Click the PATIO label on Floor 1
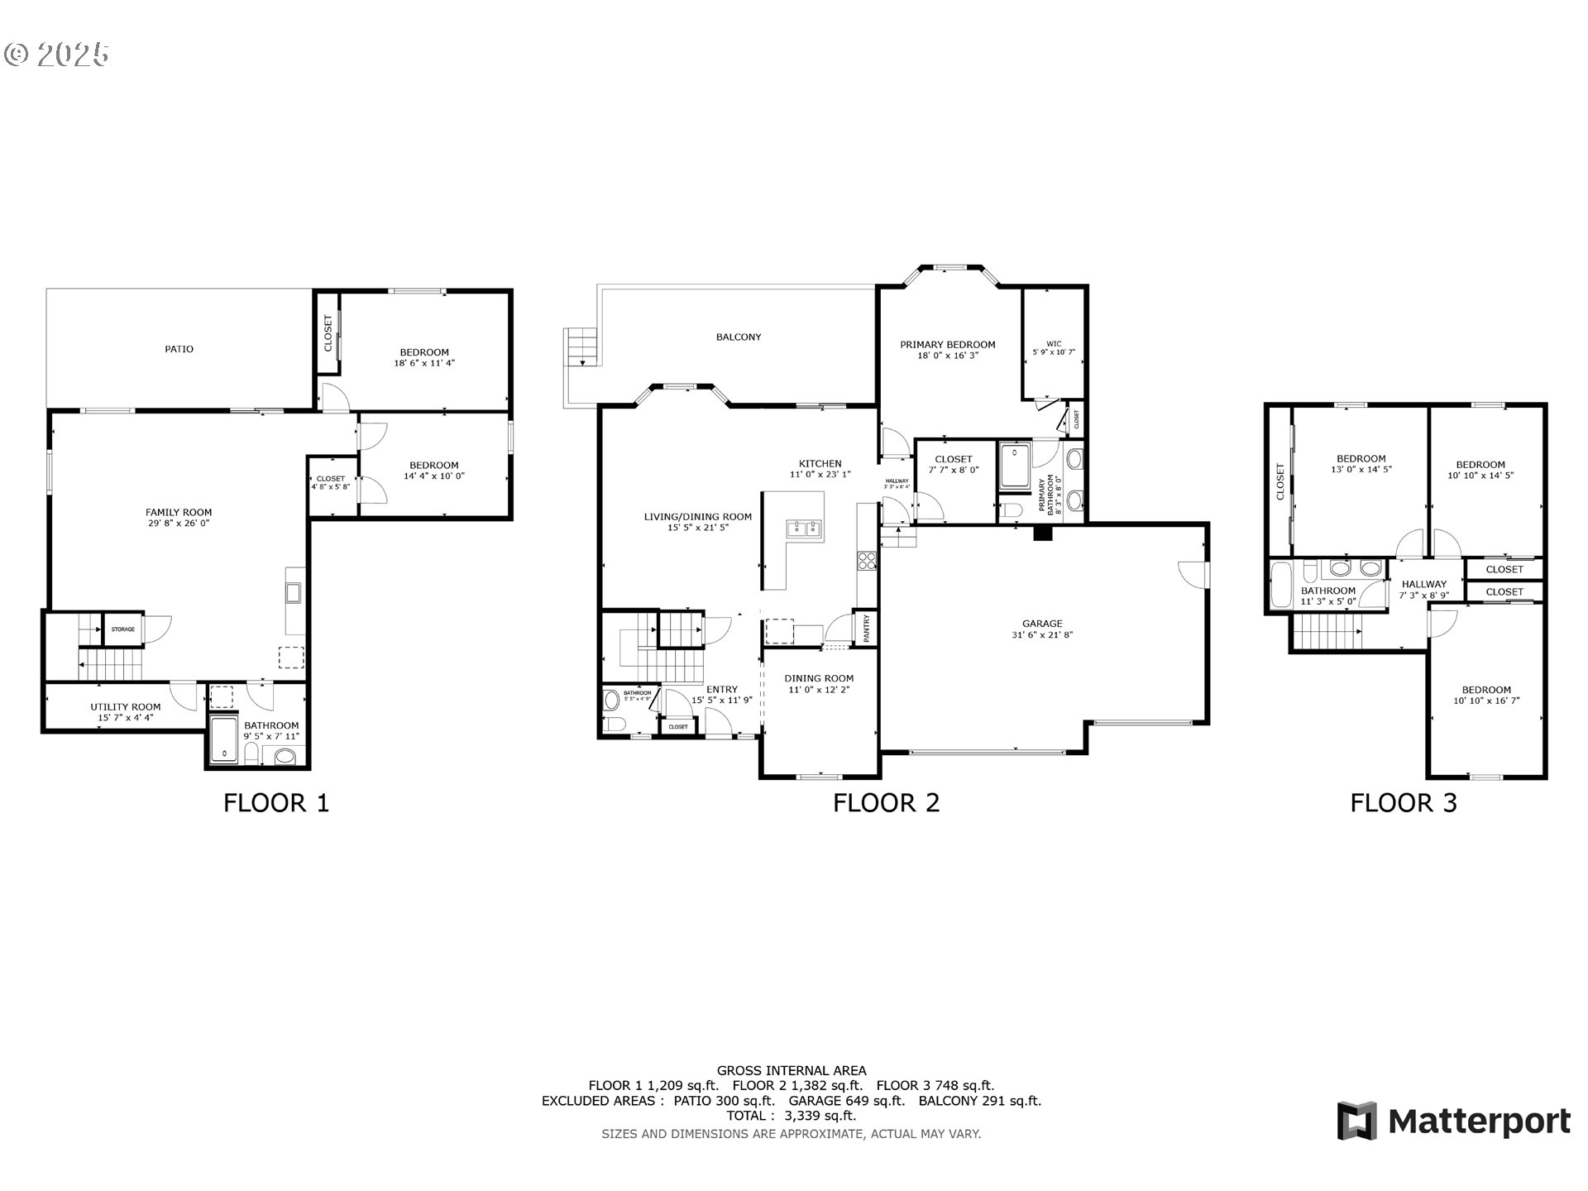(179, 349)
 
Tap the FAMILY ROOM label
(179, 513)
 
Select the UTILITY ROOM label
(126, 707)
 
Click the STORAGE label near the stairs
(123, 629)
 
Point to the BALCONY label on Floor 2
(739, 337)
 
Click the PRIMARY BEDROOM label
(948, 345)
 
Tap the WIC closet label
(1054, 344)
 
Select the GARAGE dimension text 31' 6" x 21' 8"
(1042, 635)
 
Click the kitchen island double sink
(802, 529)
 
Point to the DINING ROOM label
(819, 678)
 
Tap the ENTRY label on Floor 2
(722, 689)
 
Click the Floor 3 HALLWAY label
(1424, 584)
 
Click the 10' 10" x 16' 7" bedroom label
(1486, 701)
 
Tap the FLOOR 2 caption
(886, 803)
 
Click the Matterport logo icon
(1357, 1122)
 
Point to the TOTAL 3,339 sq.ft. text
(791, 1116)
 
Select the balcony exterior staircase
(580, 347)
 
